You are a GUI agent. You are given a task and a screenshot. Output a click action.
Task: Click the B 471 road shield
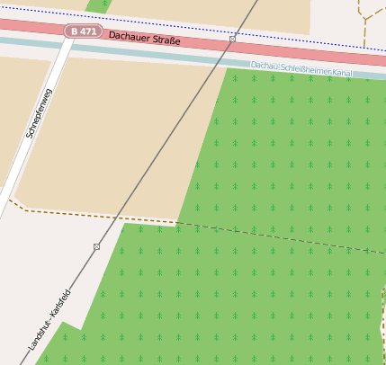(83, 31)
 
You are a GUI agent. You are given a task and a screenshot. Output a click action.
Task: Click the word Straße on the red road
(166, 41)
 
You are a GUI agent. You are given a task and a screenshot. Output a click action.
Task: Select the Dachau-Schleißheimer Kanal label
(301, 70)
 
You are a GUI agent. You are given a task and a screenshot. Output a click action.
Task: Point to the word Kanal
(339, 74)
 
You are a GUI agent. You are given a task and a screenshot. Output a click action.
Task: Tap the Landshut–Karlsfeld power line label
(49, 320)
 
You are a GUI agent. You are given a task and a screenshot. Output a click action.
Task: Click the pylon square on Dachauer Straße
(233, 40)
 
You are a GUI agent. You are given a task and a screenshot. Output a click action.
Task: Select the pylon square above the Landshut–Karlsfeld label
(96, 246)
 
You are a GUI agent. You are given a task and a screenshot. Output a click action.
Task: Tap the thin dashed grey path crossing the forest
(288, 238)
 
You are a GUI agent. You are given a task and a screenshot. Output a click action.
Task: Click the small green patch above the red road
(96, 5)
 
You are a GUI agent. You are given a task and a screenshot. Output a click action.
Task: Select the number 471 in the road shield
(87, 31)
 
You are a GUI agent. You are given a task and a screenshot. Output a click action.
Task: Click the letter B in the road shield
(74, 31)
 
